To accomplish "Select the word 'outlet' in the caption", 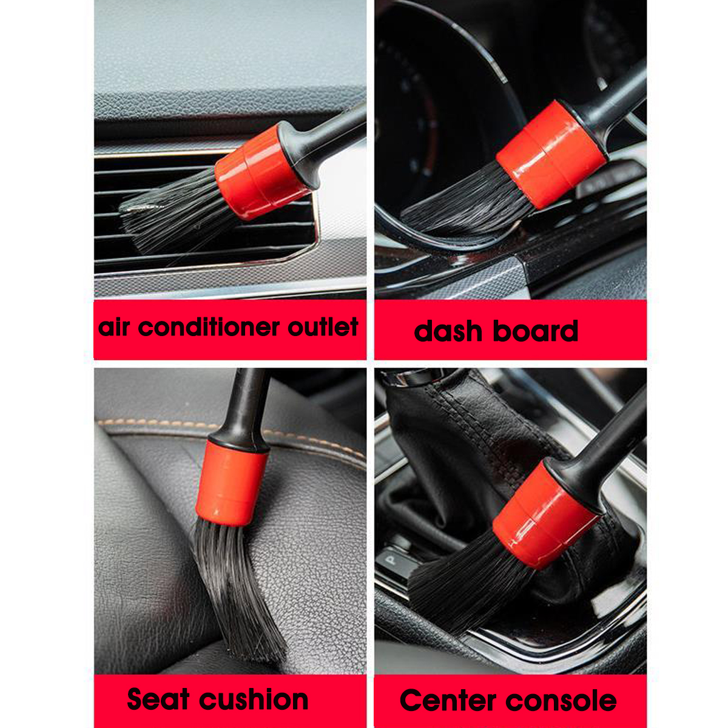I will click(x=323, y=328).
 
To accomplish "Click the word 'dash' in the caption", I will click(x=448, y=331).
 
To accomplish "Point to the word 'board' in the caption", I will click(x=535, y=331).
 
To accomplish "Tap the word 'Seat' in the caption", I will click(x=158, y=699).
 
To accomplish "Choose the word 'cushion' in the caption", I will click(x=254, y=699).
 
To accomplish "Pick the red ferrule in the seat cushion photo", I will click(x=231, y=482).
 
